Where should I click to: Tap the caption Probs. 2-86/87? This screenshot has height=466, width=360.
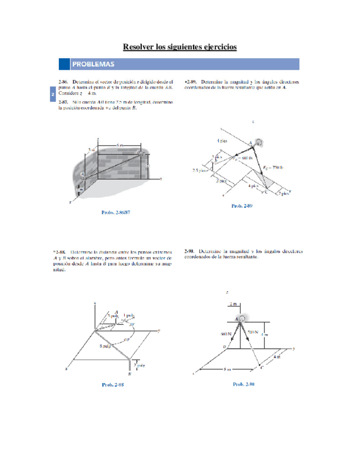pyautogui.click(x=116, y=212)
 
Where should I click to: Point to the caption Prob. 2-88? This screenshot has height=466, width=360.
pyautogui.click(x=113, y=385)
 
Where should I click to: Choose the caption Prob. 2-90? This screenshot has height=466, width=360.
pyautogui.click(x=243, y=384)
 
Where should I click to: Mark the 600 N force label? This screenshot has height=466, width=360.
pyautogui.click(x=226, y=334)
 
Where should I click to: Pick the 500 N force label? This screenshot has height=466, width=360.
pyautogui.click(x=252, y=332)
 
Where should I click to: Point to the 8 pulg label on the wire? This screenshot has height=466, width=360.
pyautogui.click(x=106, y=346)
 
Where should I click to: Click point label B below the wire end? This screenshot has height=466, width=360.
pyautogui.click(x=129, y=375)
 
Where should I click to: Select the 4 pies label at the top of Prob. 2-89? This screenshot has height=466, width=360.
pyautogui.click(x=222, y=141)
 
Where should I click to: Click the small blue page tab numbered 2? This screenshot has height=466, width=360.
pyautogui.click(x=52, y=95)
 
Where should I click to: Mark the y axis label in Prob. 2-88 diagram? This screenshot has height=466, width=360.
pyautogui.click(x=159, y=330)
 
